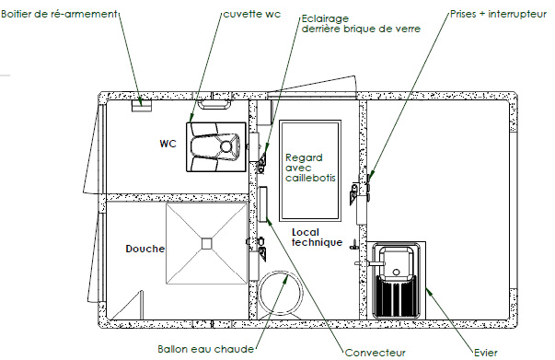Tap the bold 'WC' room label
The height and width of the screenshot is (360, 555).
tap(168, 144)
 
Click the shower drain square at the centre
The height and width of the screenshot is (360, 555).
tap(206, 243)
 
